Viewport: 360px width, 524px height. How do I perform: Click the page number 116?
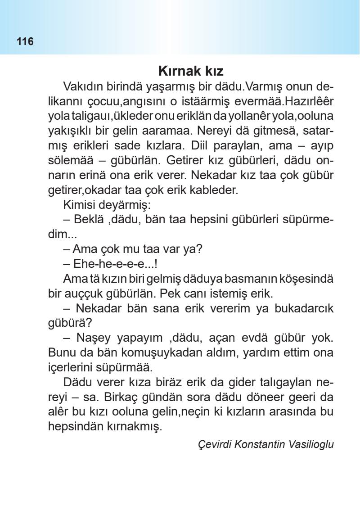(x=25, y=42)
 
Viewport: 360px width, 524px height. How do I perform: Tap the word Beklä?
(x=84, y=220)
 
